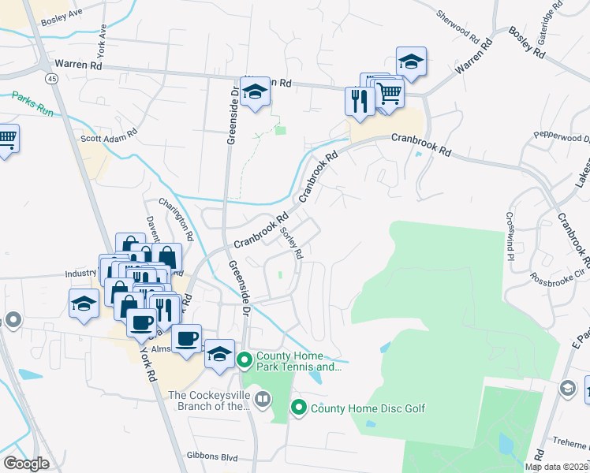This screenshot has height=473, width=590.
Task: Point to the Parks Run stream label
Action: pos(32,104)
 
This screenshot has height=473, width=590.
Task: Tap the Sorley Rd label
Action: pos(291,243)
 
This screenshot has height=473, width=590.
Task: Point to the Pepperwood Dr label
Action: pos(561,136)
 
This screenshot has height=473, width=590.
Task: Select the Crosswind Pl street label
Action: pos(510,236)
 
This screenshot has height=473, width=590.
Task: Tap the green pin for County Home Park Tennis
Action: pos(245,361)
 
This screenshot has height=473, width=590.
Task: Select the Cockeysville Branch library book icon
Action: pos(263,400)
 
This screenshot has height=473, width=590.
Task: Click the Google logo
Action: pos(26,464)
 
